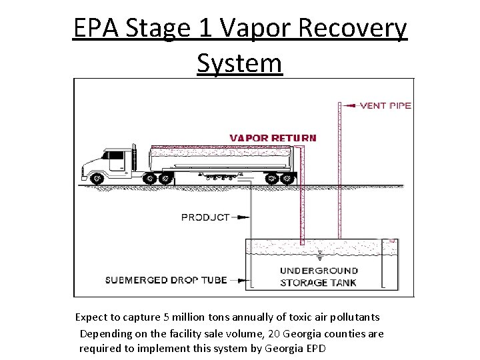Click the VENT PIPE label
click(x=385, y=105)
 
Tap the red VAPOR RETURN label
click(x=273, y=138)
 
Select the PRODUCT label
click(x=205, y=217)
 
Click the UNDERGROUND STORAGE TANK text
click(x=319, y=277)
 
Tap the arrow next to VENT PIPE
click(x=350, y=105)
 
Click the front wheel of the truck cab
click(x=98, y=179)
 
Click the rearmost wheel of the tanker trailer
click(x=288, y=179)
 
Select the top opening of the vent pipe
click(x=339, y=104)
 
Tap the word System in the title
click(x=240, y=63)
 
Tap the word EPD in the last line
click(x=313, y=348)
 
